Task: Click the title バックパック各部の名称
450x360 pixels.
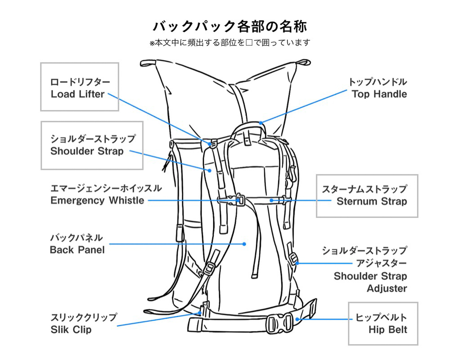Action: click(230, 26)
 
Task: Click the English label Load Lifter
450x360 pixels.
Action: click(78, 94)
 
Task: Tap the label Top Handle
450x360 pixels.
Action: click(379, 94)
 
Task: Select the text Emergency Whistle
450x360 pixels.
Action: click(97, 200)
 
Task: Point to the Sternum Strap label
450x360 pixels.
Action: click(372, 201)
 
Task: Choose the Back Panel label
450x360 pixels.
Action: click(77, 250)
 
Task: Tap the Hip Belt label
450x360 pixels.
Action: click(388, 330)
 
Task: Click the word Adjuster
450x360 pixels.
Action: click(387, 288)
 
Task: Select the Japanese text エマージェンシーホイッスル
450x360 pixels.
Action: click(106, 188)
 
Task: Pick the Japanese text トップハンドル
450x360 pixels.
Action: click(378, 82)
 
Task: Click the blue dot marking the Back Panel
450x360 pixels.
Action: click(244, 244)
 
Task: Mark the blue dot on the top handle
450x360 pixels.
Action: click(261, 123)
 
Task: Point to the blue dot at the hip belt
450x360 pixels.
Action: click(297, 319)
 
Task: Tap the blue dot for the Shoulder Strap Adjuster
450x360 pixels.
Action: click(297, 263)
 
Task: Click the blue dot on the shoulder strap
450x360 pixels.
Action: click(210, 170)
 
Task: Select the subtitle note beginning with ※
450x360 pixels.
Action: click(230, 43)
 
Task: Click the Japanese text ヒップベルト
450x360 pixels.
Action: click(381, 317)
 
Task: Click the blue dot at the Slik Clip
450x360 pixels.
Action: click(200, 313)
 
